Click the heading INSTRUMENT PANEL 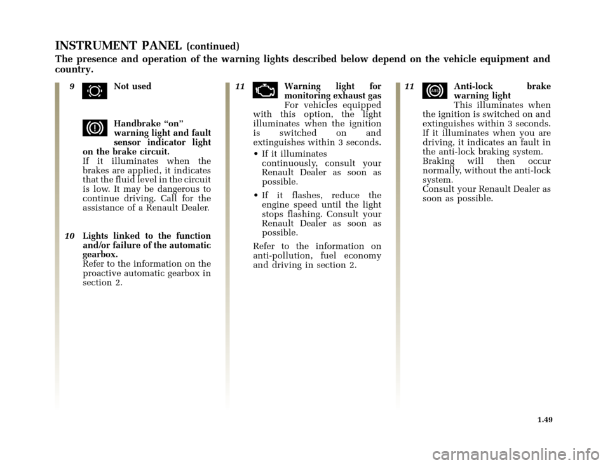tap(118, 45)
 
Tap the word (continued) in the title tap(212, 46)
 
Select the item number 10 tap(71, 236)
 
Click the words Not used tap(132, 86)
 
